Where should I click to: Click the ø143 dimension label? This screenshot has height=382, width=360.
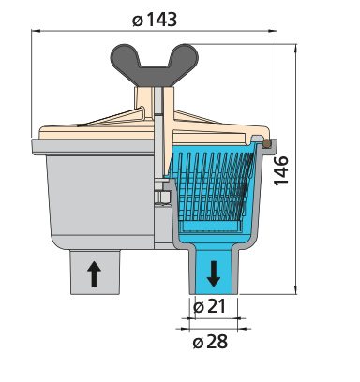(156, 19)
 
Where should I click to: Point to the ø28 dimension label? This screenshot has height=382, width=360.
(211, 342)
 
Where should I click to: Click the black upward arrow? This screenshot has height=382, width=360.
(94, 273)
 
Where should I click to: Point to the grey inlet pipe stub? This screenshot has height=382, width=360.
(94, 272)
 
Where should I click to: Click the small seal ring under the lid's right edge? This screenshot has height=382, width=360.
(269, 143)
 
